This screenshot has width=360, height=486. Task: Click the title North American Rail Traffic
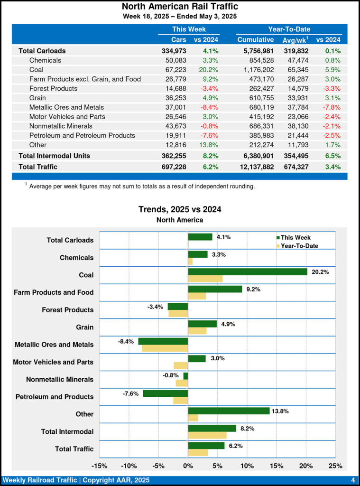point(180,7)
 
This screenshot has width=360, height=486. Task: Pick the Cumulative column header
point(256,40)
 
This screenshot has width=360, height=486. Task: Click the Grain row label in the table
point(38,98)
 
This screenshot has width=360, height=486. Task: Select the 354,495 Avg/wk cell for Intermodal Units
point(297,156)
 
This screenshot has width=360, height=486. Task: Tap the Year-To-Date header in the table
point(289,29)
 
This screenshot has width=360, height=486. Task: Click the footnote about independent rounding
point(142,187)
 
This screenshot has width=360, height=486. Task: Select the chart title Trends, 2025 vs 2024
point(180,209)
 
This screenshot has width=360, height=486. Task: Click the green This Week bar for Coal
point(248,271)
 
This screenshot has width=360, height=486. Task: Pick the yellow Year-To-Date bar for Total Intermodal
point(207,435)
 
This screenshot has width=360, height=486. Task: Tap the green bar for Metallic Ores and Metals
point(163,341)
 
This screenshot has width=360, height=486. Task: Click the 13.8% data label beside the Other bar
point(280,411)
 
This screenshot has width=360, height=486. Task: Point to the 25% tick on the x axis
point(335,466)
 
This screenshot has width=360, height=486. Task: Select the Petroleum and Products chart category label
point(55,397)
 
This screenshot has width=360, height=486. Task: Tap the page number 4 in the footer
point(353,480)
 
